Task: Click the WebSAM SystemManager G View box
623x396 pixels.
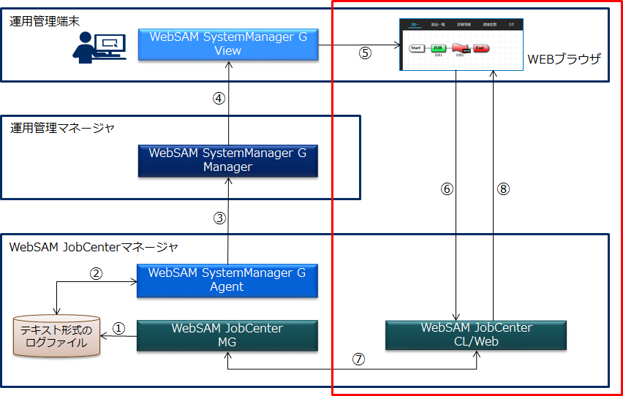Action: coord(227,44)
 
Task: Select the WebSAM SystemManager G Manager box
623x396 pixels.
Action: coord(227,160)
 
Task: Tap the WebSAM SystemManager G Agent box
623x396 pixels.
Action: coord(227,280)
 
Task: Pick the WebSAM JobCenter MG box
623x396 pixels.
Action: coord(227,335)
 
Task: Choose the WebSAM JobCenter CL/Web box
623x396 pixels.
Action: coord(476,335)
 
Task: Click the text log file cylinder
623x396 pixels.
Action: coord(57,336)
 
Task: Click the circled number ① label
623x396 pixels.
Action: coord(120,329)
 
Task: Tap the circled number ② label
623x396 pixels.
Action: coord(97,273)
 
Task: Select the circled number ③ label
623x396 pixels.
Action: coord(219,218)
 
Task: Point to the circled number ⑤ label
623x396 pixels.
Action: coord(366,53)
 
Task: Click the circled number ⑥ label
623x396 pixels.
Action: coord(448,189)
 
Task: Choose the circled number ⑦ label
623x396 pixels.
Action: coord(358,359)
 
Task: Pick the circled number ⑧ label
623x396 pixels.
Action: coord(502,189)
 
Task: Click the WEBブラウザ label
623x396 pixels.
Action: coord(563,58)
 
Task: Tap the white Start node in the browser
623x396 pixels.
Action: coord(416,48)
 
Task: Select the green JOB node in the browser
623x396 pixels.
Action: coord(438,48)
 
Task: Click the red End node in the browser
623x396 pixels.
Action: coord(480,48)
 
